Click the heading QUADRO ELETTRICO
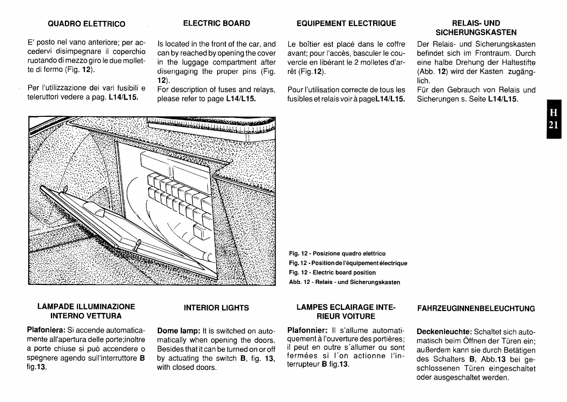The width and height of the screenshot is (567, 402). click(86, 24)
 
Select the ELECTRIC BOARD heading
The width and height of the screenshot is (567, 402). click(217, 24)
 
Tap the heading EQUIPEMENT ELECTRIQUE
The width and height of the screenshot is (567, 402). click(346, 24)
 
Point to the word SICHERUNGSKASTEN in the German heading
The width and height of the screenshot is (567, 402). click(476, 32)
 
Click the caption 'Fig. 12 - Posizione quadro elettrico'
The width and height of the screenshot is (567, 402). click(337, 254)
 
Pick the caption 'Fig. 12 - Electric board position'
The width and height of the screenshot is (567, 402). click(332, 272)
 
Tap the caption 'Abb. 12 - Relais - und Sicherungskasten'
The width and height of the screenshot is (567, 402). click(344, 282)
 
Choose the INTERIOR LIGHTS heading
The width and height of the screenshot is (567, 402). click(216, 308)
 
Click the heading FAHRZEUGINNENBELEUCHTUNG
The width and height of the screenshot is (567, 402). click(476, 309)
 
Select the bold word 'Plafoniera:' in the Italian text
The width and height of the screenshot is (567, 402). click(46, 331)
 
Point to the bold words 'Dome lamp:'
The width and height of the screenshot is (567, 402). click(179, 331)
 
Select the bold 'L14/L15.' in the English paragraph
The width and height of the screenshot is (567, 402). click(241, 99)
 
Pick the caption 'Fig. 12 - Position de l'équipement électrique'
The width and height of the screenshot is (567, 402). click(348, 263)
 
